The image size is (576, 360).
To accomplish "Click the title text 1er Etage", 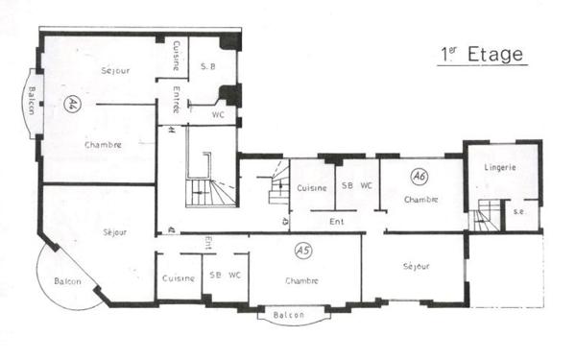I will pos(482,55).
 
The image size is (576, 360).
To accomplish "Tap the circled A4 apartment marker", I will pos(72,105).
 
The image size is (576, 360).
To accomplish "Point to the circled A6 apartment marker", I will pos(419,177).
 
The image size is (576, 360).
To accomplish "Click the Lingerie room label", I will pos(500,167).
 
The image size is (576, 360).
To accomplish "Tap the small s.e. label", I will pos(519,211).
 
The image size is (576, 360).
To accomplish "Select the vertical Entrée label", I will pos(177,100).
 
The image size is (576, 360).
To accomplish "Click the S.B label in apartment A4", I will pos(207,66).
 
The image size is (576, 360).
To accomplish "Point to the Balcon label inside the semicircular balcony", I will pos(67,281).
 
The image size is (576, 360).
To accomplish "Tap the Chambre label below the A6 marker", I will pos(420,200).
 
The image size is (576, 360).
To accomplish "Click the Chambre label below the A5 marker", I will pos(302,281).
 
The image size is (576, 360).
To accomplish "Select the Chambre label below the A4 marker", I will pos(103,145).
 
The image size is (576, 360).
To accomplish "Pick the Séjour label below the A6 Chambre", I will pos(416,266).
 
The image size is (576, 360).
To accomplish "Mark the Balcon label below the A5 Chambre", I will pos(288,314).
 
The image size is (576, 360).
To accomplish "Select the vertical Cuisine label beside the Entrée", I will pos(177,55).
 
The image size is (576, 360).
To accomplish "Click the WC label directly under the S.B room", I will pos(219,113).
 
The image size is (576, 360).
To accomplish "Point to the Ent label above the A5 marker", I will pos(337,222).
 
